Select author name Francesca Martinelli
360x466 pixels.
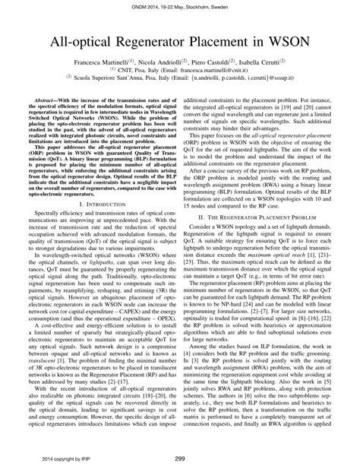coord(99,59)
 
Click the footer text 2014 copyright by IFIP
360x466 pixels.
coord(58,458)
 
